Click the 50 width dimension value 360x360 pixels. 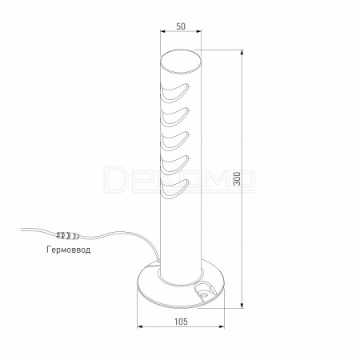(181, 26)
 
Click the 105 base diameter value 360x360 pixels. (181, 322)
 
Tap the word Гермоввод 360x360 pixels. (69, 250)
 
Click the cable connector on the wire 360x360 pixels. (68, 236)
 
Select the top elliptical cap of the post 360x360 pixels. (181, 62)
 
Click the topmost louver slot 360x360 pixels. (174, 92)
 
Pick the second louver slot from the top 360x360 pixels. (174, 117)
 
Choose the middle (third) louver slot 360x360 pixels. (174, 141)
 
